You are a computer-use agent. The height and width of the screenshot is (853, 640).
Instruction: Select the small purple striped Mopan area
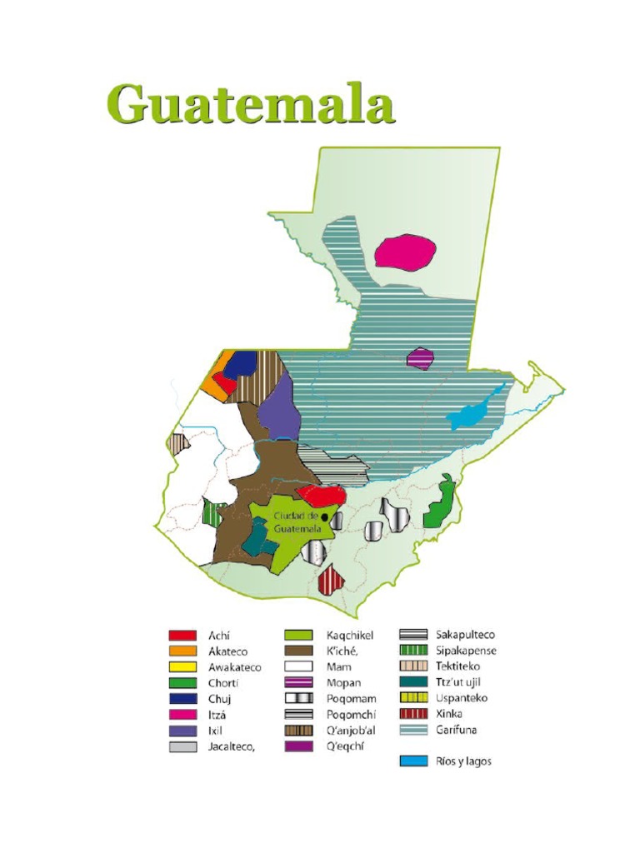(x=421, y=359)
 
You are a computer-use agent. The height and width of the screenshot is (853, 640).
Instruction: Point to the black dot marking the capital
(x=325, y=518)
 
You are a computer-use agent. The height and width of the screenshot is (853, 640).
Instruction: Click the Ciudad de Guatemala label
(x=297, y=522)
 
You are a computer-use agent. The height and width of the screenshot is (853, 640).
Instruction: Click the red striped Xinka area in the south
(x=331, y=576)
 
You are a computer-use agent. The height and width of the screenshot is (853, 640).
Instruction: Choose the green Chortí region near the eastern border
(x=439, y=506)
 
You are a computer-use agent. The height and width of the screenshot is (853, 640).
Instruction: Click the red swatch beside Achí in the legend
(x=182, y=636)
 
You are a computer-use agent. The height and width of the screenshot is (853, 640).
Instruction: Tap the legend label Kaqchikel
(x=338, y=636)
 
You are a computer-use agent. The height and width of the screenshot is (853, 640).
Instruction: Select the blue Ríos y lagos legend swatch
(x=414, y=761)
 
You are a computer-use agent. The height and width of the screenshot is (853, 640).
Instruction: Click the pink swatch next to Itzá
(x=182, y=715)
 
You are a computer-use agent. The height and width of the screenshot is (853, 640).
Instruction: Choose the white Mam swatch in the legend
(x=298, y=667)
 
